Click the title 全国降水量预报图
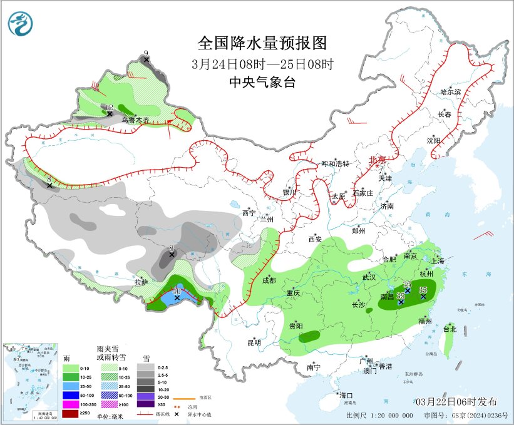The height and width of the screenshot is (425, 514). coord(262,43)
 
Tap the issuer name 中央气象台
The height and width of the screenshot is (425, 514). coord(262,82)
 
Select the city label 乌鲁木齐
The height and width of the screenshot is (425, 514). coord(135,120)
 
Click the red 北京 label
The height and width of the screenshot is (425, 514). coord(378,160)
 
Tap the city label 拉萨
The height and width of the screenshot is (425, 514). coord(141,282)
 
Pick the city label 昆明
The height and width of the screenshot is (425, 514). coord(254,342)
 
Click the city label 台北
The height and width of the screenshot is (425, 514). coord(450,329)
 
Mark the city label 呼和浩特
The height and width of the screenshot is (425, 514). coord(335,163)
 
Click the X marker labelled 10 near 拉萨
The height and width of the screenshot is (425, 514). coord(177,298)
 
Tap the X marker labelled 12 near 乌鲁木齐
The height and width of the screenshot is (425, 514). coord(109,114)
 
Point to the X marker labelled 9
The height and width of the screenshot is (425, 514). coord(146,60)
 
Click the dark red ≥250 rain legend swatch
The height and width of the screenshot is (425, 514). coord(70,414)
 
